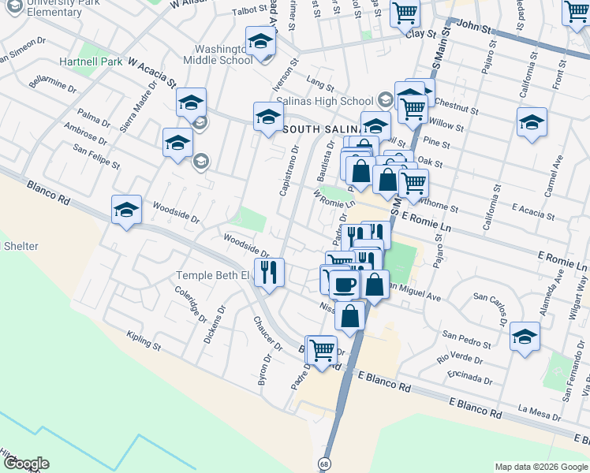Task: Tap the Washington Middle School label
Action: pyautogui.click(x=218, y=53)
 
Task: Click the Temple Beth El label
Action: pyautogui.click(x=212, y=275)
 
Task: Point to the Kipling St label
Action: pyautogui.click(x=143, y=345)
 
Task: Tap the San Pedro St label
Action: pyautogui.click(x=467, y=340)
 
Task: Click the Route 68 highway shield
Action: pyautogui.click(x=324, y=464)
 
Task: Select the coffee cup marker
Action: pyautogui.click(x=344, y=284)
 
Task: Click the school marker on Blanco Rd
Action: pyautogui.click(x=126, y=210)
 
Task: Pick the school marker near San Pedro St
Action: pyautogui.click(x=525, y=337)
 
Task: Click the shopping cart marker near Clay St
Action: pyautogui.click(x=405, y=12)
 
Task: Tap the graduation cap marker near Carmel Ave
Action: pyautogui.click(x=532, y=123)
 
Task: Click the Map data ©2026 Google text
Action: pyautogui.click(x=540, y=467)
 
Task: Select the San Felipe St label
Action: pyautogui.click(x=95, y=156)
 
